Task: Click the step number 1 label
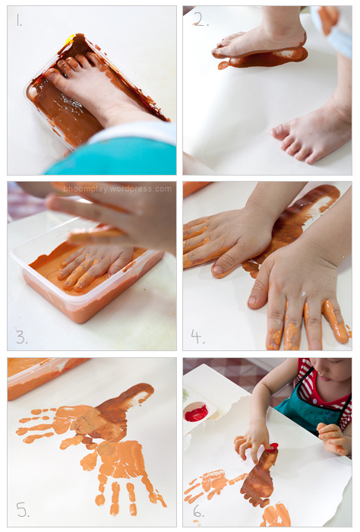tap(19, 21)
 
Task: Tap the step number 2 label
tap(201, 21)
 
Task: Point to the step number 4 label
tap(197, 336)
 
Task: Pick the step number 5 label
tap(22, 509)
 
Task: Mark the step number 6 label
tap(198, 511)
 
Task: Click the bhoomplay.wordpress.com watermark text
tap(117, 189)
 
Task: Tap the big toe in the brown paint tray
tap(54, 74)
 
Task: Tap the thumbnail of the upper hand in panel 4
tap(218, 270)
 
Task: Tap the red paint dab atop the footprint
tap(271, 448)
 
